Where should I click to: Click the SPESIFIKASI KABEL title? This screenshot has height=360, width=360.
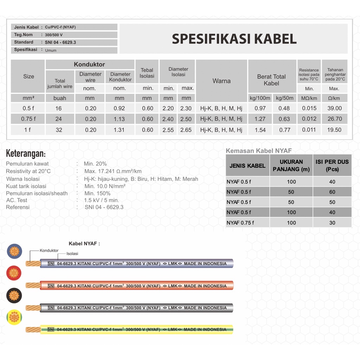point(234,39)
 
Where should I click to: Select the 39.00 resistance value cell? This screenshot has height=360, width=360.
point(334,108)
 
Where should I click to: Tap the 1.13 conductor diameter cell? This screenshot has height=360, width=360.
point(120,119)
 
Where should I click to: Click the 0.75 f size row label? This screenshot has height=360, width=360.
point(28,119)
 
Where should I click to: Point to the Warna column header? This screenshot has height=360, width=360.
point(221,81)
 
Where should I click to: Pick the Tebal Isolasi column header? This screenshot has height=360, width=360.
point(147,73)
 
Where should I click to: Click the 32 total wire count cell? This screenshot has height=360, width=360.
point(59,130)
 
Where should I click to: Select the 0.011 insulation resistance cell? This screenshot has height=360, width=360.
point(309,130)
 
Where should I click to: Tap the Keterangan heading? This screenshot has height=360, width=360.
point(26,154)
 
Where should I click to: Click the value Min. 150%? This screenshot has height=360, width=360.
point(97,193)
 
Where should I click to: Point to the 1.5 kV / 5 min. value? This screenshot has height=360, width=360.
point(101,200)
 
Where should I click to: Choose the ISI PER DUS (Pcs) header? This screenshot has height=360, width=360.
point(332,165)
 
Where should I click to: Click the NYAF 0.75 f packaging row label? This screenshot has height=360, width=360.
point(240,223)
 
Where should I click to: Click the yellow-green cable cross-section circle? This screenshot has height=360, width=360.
point(14,317)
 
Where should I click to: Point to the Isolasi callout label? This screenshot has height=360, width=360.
point(72,253)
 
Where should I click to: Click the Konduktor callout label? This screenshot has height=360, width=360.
point(49,251)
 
